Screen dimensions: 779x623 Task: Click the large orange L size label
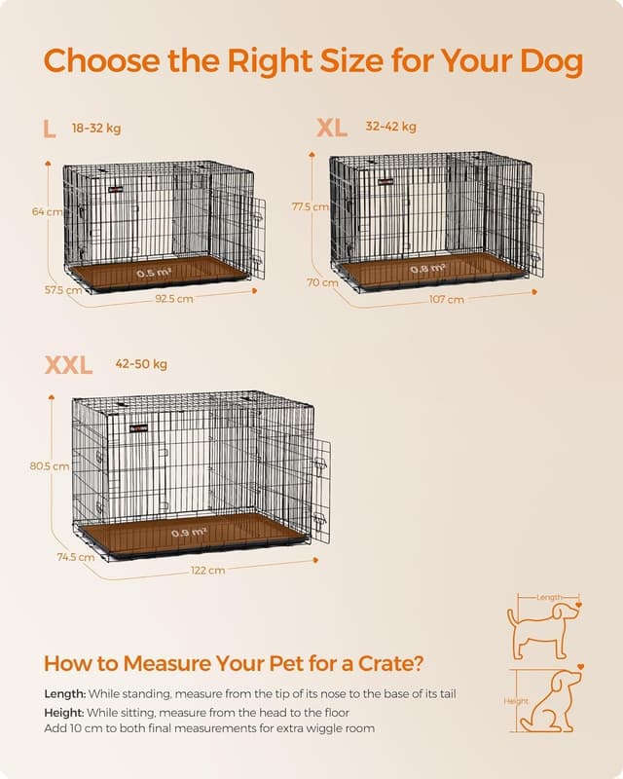click(x=50, y=129)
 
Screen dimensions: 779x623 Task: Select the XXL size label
click(x=68, y=365)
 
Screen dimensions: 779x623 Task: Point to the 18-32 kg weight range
click(x=96, y=128)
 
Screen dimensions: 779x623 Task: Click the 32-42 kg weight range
click(x=390, y=127)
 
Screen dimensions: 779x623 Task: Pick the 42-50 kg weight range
click(x=141, y=364)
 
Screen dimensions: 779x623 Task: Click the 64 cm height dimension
click(x=46, y=211)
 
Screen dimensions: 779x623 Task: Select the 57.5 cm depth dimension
click(x=61, y=290)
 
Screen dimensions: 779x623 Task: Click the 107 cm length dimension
click(x=446, y=299)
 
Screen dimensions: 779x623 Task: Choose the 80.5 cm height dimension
click(x=49, y=466)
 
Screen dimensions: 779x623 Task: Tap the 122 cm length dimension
click(x=207, y=570)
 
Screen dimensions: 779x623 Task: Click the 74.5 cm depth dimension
click(x=74, y=558)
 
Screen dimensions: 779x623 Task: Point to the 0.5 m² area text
click(x=154, y=274)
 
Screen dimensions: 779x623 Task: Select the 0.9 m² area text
click(x=187, y=533)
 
